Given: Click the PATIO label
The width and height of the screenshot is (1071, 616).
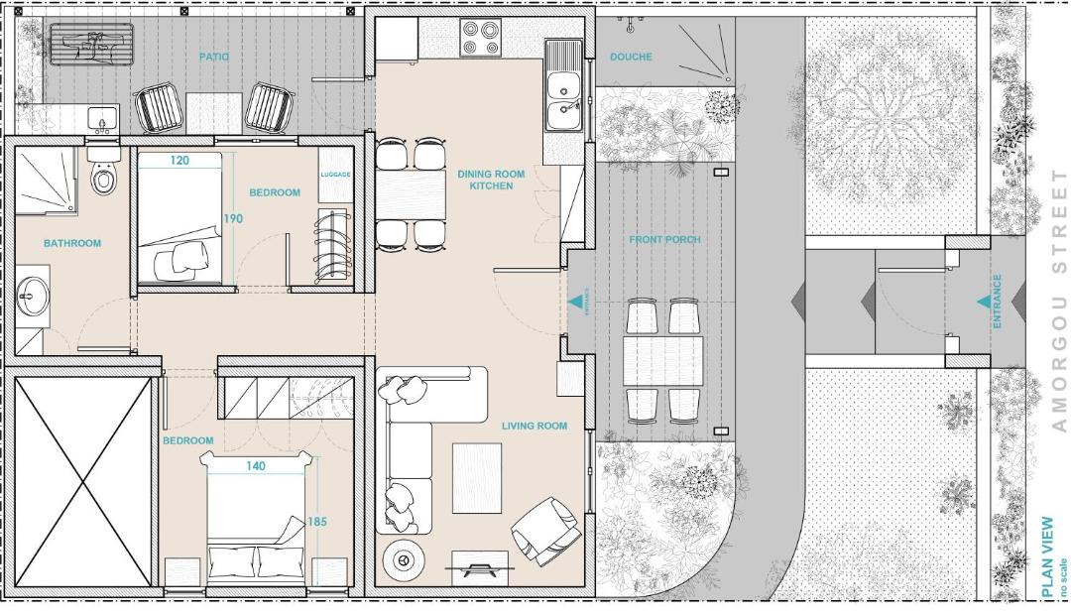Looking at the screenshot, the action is (214, 57).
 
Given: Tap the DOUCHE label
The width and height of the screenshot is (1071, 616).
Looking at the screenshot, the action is (631, 57).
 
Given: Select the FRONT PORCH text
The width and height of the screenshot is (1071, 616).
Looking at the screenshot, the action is (664, 240).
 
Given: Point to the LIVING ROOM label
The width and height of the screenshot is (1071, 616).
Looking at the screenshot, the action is (535, 426).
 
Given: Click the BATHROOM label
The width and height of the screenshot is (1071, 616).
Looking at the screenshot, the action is (72, 243).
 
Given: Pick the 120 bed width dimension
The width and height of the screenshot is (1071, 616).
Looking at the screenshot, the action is (178, 161).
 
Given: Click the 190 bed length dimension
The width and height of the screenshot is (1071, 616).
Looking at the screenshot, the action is (234, 218).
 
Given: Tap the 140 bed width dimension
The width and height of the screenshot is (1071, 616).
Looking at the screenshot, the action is (256, 466).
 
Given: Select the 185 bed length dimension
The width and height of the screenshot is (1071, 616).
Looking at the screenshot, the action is (317, 521).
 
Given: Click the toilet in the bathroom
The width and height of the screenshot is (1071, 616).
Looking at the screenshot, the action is (104, 172).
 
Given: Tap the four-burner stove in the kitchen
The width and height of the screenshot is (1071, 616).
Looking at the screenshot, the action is (480, 38).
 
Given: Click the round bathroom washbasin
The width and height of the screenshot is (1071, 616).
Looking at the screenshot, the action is (32, 297).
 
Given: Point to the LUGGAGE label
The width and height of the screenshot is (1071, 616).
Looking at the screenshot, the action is (335, 175).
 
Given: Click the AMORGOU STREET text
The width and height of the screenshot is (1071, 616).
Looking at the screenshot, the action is (1059, 301).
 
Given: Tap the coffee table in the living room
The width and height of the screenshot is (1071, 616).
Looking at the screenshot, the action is (477, 478).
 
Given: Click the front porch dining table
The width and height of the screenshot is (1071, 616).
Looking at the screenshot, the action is (662, 361).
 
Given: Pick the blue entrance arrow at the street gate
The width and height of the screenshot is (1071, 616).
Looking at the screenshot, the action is (984, 302).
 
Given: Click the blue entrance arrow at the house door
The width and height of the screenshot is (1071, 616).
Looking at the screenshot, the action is (576, 300).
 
